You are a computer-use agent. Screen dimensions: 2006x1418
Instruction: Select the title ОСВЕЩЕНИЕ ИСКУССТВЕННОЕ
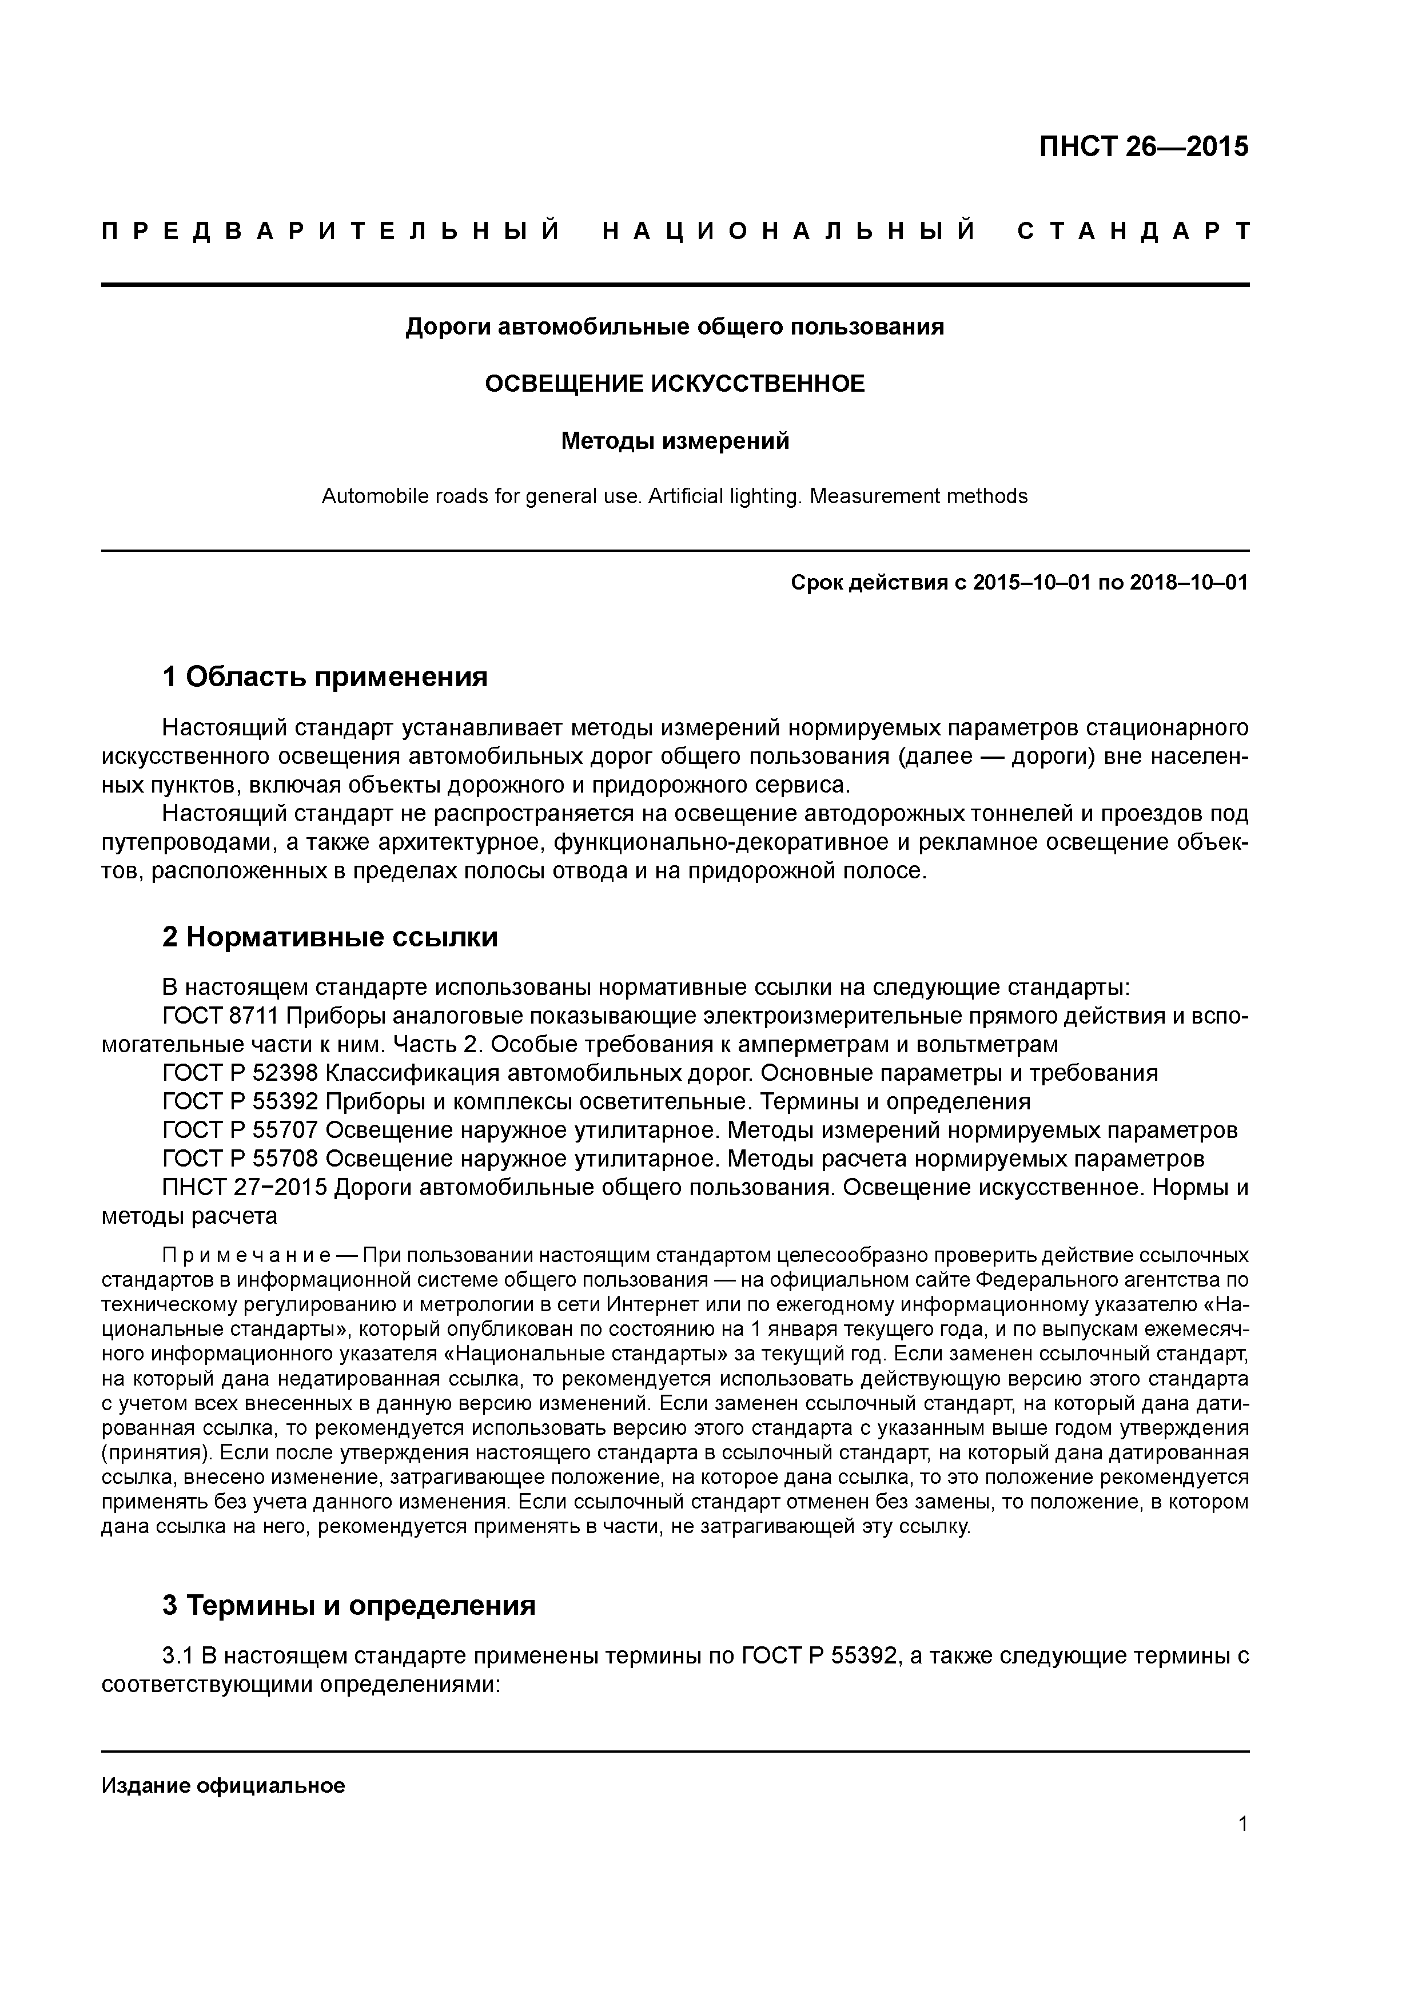pyautogui.click(x=675, y=384)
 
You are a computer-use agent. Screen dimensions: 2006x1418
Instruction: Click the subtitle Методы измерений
pyautogui.click(x=675, y=441)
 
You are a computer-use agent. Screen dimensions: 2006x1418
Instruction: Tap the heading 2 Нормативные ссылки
pyautogui.click(x=330, y=937)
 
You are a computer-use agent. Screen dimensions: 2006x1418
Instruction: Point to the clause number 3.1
pyautogui.click(x=179, y=1655)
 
